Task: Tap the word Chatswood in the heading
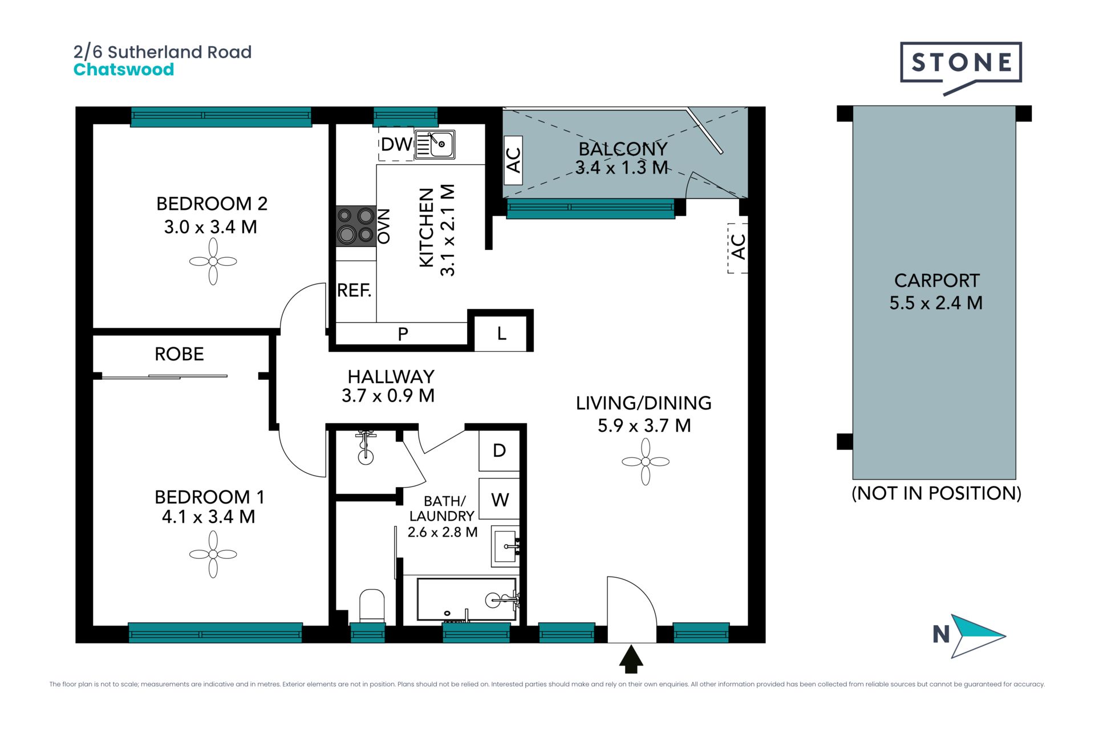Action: click(x=124, y=70)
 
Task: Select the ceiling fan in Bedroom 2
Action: click(x=213, y=261)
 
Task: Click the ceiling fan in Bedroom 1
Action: click(x=213, y=554)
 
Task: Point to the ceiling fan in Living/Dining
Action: click(x=646, y=461)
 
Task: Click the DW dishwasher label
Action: click(x=396, y=144)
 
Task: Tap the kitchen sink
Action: click(x=435, y=144)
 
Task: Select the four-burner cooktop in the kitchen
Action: click(x=356, y=226)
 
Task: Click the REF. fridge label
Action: click(x=354, y=290)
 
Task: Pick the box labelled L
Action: click(x=501, y=333)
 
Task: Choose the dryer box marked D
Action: click(x=499, y=451)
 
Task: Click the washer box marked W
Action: click(x=499, y=499)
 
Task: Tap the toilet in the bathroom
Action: click(x=372, y=606)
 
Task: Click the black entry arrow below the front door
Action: click(x=631, y=659)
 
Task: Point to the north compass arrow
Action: click(x=978, y=636)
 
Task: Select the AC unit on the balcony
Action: click(x=513, y=160)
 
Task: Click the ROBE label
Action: click(x=179, y=354)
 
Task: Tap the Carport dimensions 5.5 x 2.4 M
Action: click(x=936, y=303)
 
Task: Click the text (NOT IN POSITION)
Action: click(x=936, y=493)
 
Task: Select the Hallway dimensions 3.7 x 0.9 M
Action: click(x=388, y=395)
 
